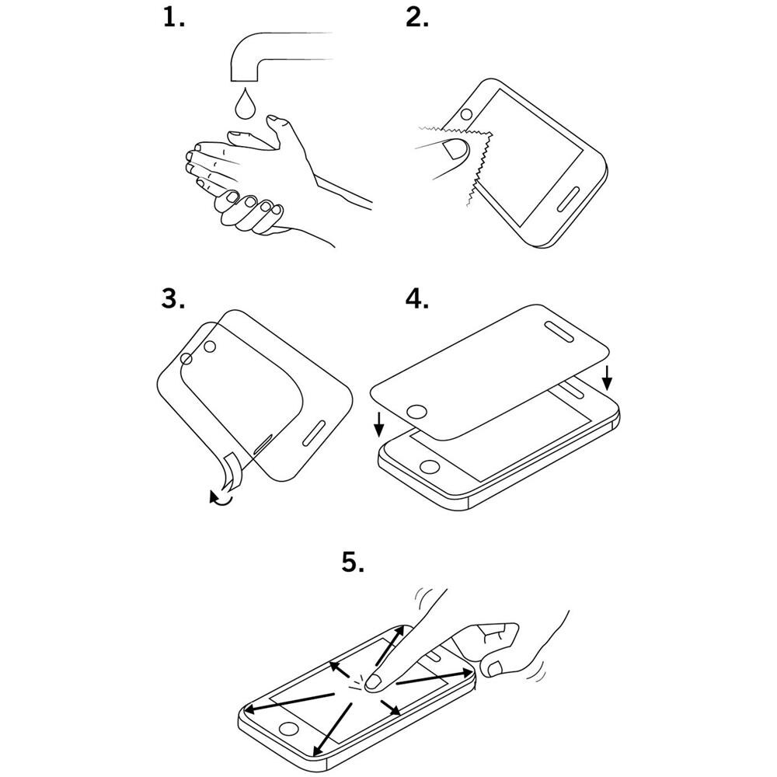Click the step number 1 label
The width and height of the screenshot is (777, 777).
pos(173,19)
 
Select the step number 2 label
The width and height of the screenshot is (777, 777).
pos(417,19)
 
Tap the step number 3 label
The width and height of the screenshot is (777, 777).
pos(173,299)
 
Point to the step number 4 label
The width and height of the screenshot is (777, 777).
pos(417,299)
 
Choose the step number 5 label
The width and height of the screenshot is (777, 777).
pos(353,563)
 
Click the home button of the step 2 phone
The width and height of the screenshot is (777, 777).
pos(466,115)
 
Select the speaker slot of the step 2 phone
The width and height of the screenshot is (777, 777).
pos(569,199)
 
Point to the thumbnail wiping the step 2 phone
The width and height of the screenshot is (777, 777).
pos(452,148)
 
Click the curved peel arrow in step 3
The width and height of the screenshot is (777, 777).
pos(221,497)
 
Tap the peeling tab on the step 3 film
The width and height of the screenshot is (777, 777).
pos(231,471)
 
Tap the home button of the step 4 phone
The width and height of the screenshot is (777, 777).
pos(430,467)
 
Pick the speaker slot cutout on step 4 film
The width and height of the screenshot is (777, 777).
pos(559,332)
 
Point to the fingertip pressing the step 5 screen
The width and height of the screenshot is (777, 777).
pos(375,682)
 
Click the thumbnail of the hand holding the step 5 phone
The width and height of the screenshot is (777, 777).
pos(495,669)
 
